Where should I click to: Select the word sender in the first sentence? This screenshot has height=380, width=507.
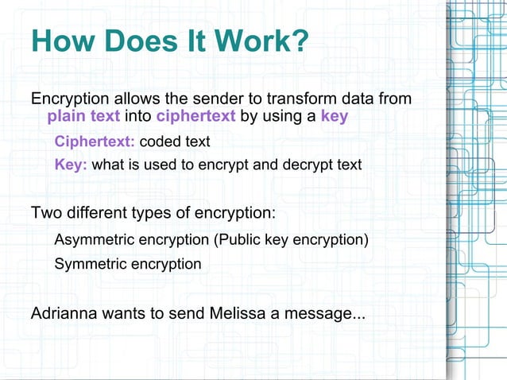(209, 99)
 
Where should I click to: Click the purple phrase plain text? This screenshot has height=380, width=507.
(83, 118)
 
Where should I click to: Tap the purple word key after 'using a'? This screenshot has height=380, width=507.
(334, 118)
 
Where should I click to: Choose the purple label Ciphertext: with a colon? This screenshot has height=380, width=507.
(95, 142)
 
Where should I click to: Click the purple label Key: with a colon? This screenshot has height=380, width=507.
(71, 165)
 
